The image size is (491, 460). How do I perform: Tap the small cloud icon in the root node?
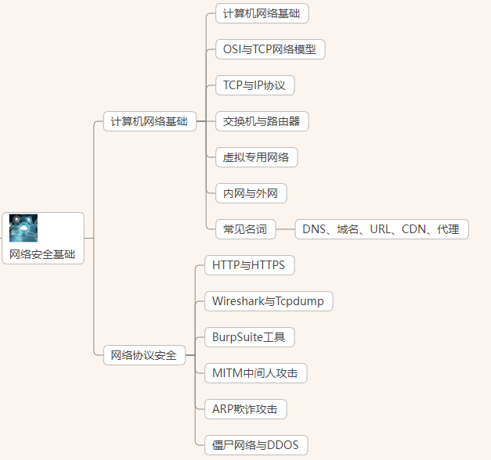click(23, 228)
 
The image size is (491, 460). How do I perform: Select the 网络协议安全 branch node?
click(143, 355)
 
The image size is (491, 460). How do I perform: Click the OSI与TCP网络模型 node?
click(269, 49)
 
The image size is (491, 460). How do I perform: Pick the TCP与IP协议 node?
click(255, 85)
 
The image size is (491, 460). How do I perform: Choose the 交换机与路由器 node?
click(262, 121)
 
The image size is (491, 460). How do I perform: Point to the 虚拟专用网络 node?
click(256, 157)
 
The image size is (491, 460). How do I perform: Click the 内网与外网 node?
click(251, 193)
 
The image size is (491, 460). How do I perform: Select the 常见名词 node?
click(245, 229)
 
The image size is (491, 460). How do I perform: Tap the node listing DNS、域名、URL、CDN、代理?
click(381, 229)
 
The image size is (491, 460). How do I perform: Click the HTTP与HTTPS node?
click(248, 265)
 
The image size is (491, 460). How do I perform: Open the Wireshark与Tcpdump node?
click(268, 301)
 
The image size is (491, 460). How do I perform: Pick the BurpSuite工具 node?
click(249, 337)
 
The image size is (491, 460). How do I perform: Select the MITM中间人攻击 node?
click(255, 373)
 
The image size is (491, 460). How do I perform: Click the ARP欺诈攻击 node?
click(244, 409)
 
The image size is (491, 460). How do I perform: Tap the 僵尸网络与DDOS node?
click(255, 445)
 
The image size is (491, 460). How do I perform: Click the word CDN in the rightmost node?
click(414, 229)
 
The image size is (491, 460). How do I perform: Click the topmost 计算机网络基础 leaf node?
click(262, 13)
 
